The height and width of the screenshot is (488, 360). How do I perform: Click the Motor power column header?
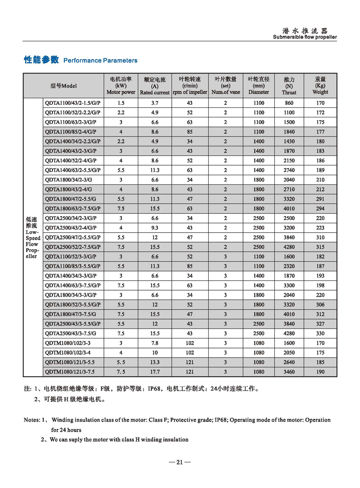[121, 86]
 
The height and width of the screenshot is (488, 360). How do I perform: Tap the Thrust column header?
[289, 86]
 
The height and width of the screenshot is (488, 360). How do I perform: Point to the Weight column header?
[320, 86]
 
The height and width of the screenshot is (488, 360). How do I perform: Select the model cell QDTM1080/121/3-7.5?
[70, 371]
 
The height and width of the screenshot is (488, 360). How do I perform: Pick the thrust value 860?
[289, 103]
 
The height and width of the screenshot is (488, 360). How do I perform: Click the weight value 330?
[320, 333]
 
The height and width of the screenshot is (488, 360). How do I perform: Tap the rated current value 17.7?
[154, 371]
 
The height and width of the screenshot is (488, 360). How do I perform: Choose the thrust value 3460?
[289, 371]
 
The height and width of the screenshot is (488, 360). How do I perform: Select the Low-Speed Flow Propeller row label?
[33, 237]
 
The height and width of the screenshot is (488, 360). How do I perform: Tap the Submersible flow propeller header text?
[305, 37]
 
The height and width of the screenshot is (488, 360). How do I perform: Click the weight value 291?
[320, 199]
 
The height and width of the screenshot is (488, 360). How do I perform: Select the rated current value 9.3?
[154, 227]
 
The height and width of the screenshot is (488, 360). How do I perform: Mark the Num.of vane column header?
[225, 86]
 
